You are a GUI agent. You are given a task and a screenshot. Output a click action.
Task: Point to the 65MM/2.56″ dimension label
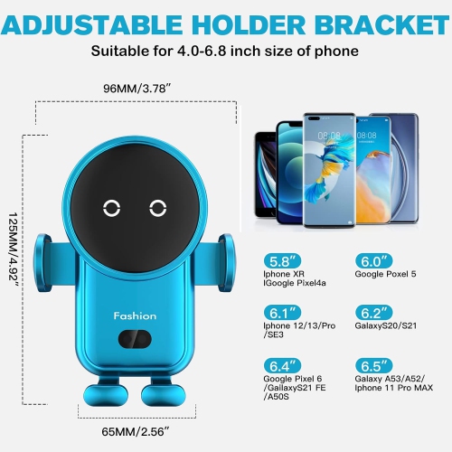(x=135, y=432)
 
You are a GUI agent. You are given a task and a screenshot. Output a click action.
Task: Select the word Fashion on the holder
(x=136, y=315)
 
